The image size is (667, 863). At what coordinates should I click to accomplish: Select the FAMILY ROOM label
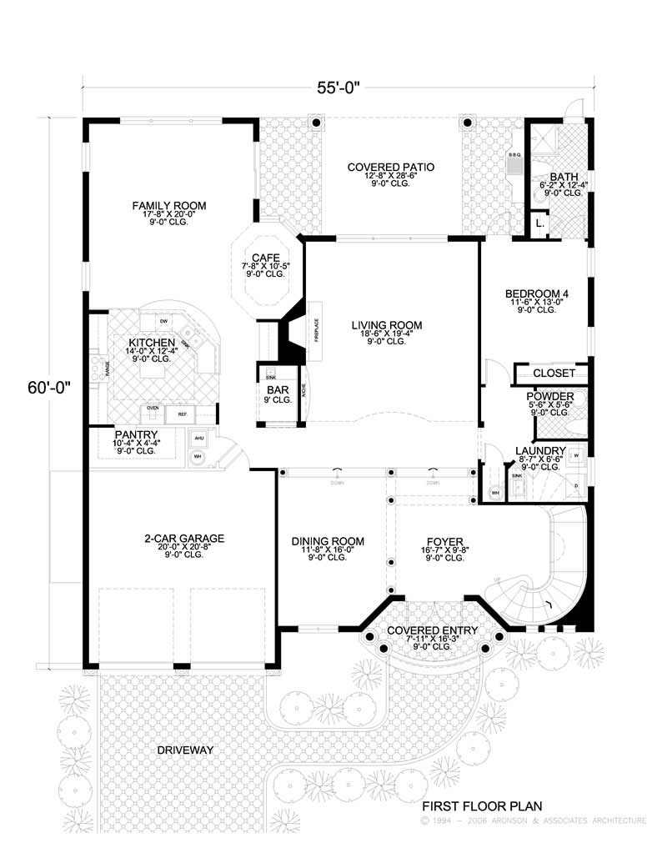[x=169, y=205]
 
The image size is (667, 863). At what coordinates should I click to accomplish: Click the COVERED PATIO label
[x=391, y=168]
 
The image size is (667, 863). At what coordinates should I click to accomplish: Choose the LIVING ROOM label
[x=386, y=325]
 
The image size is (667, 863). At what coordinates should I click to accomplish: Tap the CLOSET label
[x=554, y=374]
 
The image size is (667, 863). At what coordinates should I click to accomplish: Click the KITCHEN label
[x=151, y=343]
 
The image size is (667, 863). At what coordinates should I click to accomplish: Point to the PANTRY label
[x=135, y=434]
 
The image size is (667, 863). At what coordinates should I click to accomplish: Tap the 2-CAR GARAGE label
[x=183, y=539]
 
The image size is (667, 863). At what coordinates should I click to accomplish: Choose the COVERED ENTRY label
[x=432, y=630]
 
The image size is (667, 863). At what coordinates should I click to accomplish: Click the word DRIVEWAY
[x=185, y=750]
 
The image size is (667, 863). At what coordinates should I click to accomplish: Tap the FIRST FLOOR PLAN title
[x=482, y=806]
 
